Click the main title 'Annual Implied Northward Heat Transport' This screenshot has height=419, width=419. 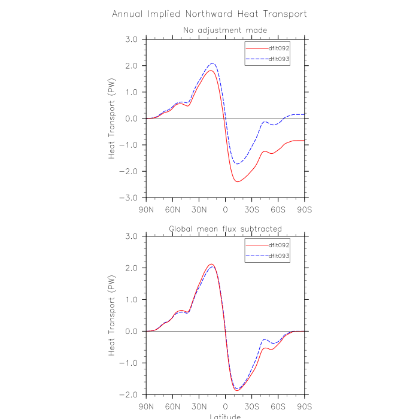[209, 13]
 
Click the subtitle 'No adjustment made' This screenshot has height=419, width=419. [225, 30]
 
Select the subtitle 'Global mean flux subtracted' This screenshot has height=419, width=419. [225, 229]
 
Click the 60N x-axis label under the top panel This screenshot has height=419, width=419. [172, 210]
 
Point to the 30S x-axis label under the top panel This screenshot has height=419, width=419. [252, 210]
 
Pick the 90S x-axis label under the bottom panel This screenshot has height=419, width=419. [305, 407]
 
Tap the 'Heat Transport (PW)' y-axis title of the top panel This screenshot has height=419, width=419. [112, 119]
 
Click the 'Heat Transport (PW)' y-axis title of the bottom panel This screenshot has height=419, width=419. [112, 316]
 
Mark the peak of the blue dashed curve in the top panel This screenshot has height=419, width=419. [212, 63]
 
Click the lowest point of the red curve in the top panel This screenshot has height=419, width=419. [238, 181]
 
